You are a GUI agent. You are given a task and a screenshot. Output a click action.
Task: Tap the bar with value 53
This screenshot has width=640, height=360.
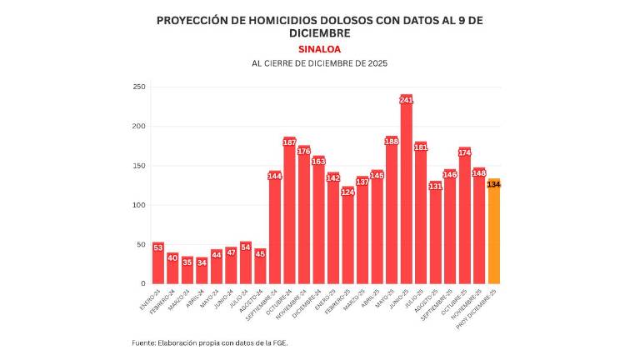pos(158,265)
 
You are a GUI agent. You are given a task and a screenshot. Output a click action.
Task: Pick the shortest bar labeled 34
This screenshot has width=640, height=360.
pos(202,272)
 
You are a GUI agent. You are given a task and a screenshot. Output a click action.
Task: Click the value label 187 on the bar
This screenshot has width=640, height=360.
pos(290,142)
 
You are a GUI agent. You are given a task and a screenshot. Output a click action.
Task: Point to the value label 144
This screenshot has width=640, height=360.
pos(275,176)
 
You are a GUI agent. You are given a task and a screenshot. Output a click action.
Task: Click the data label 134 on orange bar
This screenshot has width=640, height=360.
pos(493,184)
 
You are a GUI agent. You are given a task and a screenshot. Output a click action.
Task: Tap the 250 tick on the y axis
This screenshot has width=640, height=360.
pos(139,87)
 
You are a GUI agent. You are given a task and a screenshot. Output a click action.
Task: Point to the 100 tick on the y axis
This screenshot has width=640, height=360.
pos(139,205)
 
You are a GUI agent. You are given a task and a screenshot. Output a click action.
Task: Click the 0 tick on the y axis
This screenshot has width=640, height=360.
pos(142,283)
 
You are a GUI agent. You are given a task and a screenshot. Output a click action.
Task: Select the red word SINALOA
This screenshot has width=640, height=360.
pos(319,49)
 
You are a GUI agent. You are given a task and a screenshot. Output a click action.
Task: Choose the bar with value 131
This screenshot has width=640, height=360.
pos(435,237)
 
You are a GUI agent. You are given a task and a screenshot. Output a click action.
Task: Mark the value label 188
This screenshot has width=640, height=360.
pos(392,142)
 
